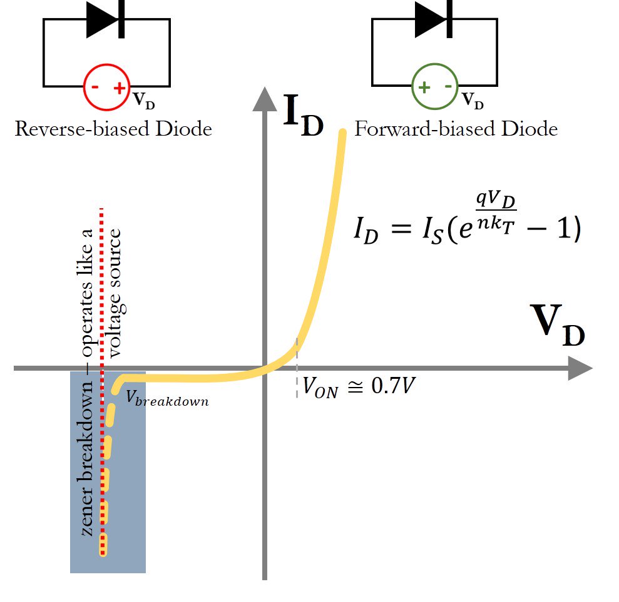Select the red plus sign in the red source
(119, 88)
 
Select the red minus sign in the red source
(95, 88)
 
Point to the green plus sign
(424, 88)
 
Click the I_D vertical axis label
(304, 116)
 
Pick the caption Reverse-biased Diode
(113, 129)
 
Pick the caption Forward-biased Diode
(456, 129)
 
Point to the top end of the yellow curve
(342, 133)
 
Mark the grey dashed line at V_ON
(297, 375)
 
